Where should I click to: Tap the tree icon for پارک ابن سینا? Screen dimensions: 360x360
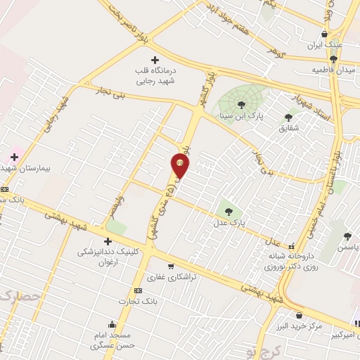[x=241, y=105]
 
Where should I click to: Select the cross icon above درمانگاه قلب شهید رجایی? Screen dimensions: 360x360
[x=155, y=60]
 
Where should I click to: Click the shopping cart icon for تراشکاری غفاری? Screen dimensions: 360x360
[x=171, y=266]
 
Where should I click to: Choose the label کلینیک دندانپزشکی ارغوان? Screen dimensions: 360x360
[x=107, y=256]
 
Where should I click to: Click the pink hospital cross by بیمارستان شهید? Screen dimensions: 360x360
[x=14, y=156]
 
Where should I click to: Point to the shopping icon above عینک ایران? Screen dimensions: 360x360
[x=323, y=34]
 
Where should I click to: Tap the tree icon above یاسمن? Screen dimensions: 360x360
[x=347, y=236]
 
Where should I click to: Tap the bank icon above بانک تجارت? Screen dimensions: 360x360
[x=138, y=290]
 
